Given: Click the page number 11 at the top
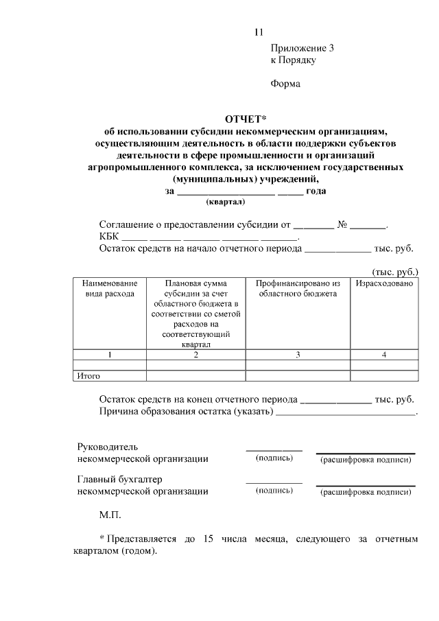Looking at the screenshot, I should [x=258, y=32].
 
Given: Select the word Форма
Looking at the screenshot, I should [x=286, y=84].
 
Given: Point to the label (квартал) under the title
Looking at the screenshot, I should [x=226, y=202].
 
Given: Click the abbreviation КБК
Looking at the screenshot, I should [x=108, y=236].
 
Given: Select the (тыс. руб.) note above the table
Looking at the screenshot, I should [x=394, y=271].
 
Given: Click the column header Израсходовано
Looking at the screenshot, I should [x=385, y=283].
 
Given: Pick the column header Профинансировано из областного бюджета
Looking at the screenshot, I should [x=298, y=288].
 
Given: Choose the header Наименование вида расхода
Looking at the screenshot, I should [x=110, y=288].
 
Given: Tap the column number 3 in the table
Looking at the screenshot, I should [x=298, y=355].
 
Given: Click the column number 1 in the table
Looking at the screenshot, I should [x=110, y=355].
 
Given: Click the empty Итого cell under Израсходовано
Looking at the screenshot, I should [x=385, y=375].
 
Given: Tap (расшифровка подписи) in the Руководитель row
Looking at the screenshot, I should [x=366, y=459].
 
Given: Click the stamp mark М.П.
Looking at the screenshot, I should [x=110, y=513].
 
